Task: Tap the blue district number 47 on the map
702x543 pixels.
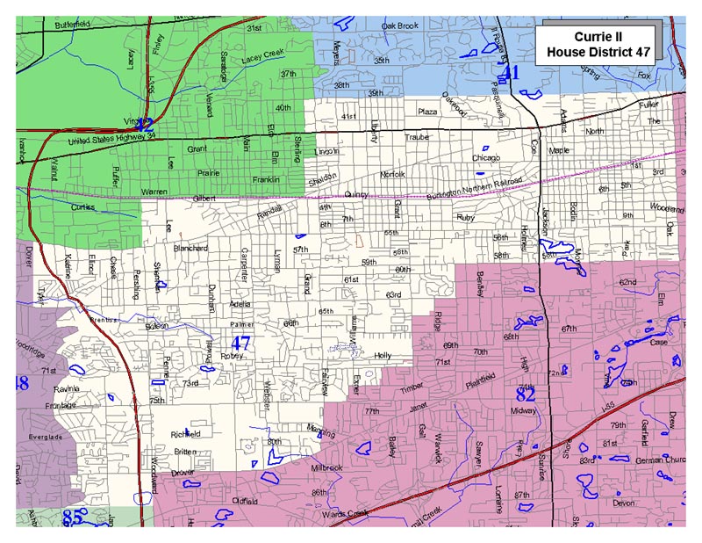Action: tap(241, 344)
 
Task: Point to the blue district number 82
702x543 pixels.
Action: tap(526, 393)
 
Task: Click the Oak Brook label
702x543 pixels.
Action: tap(400, 26)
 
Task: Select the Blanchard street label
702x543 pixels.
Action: tap(190, 249)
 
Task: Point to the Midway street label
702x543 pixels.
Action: tap(523, 410)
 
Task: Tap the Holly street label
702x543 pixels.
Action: tap(382, 355)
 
